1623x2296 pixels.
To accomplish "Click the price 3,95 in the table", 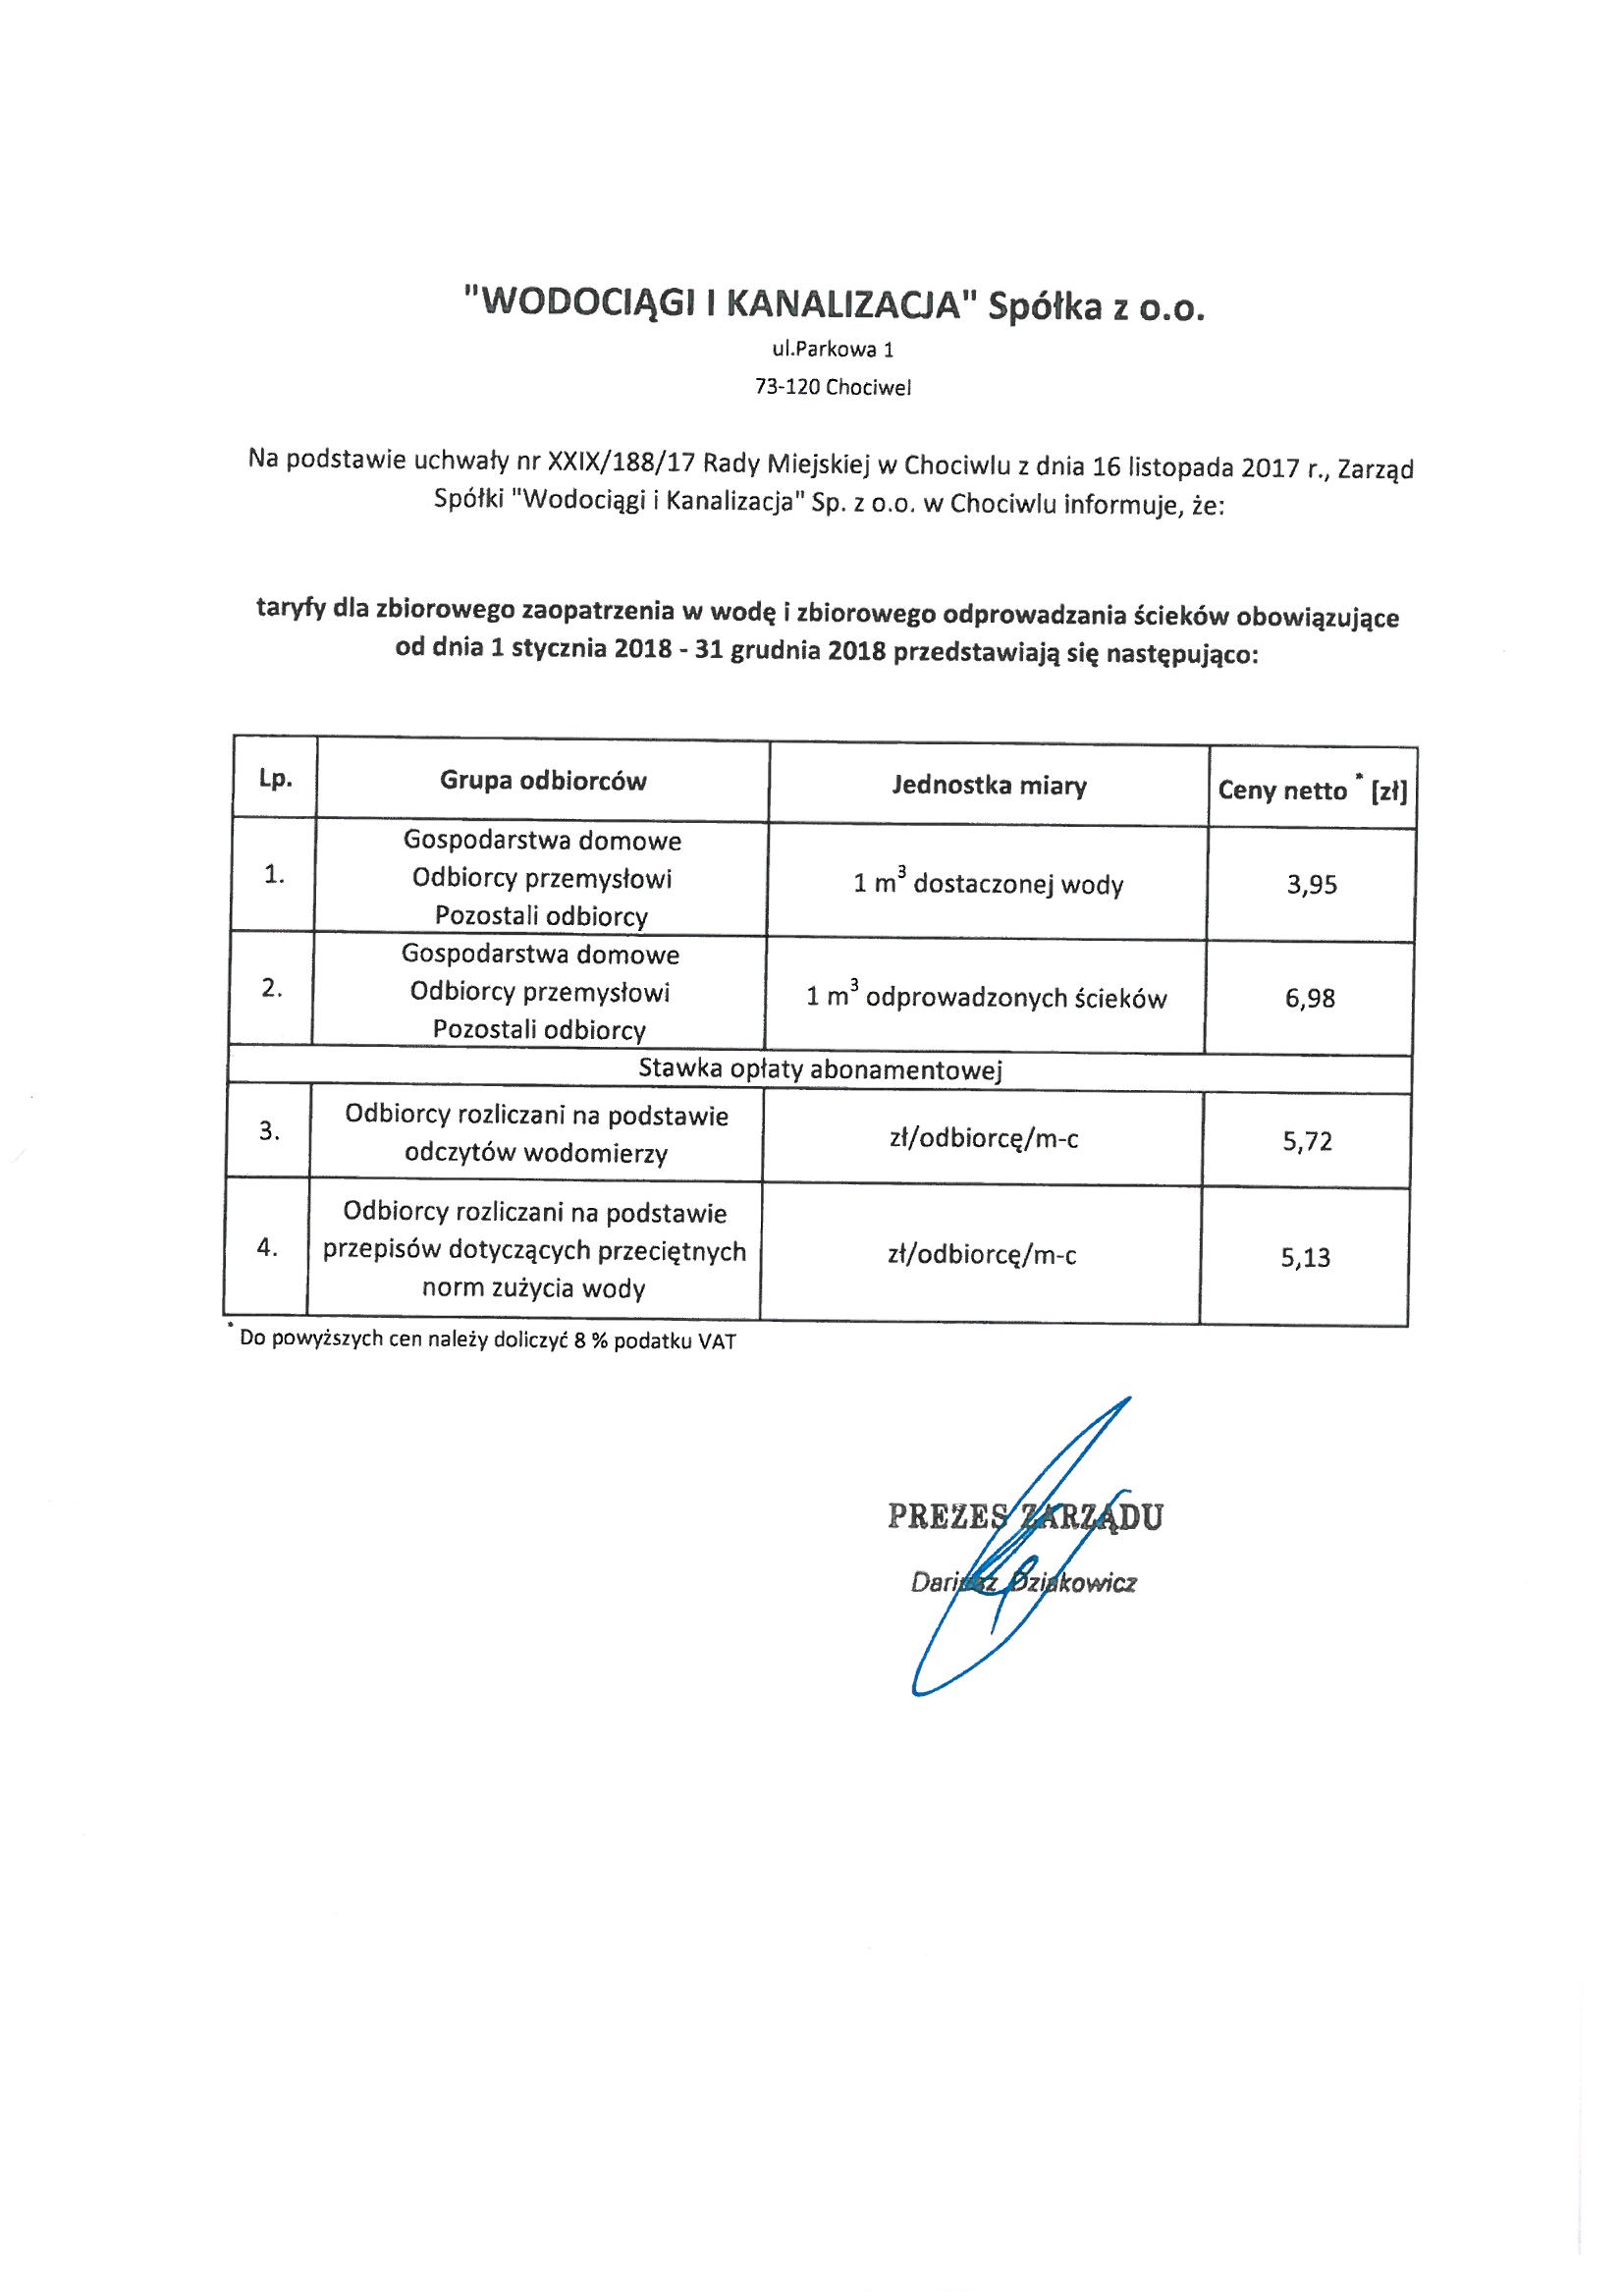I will pos(1312,885).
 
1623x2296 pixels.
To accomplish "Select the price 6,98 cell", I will pos(1310,998).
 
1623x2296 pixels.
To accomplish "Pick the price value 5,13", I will pos(1306,1257).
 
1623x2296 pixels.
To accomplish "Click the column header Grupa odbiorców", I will pos(543,781).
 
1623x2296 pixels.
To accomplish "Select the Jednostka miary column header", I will pos(988,786).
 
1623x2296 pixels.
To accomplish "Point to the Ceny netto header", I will pos(1311,791).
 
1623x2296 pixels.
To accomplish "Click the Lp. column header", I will pos(275,779).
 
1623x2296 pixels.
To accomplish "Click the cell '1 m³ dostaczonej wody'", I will pos(988,884).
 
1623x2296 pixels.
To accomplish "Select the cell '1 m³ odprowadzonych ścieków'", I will pos(986,997).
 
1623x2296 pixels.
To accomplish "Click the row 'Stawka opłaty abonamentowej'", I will pos(820,1071).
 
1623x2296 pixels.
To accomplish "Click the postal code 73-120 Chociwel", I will pos(833,388).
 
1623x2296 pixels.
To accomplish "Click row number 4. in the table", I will pos(267,1248).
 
